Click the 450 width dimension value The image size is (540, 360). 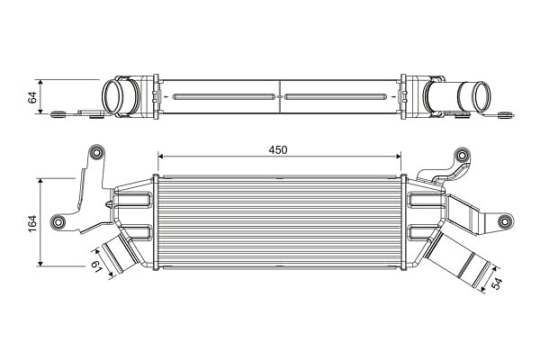[x=278, y=150]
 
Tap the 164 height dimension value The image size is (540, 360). [x=32, y=223]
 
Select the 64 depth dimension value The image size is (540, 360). [x=32, y=97]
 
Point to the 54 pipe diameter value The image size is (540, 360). [x=497, y=283]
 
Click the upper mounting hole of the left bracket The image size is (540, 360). [x=97, y=152]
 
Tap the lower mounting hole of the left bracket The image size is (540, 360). [x=58, y=221]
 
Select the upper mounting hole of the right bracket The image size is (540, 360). [x=462, y=156]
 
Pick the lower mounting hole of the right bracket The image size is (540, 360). [x=504, y=220]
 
